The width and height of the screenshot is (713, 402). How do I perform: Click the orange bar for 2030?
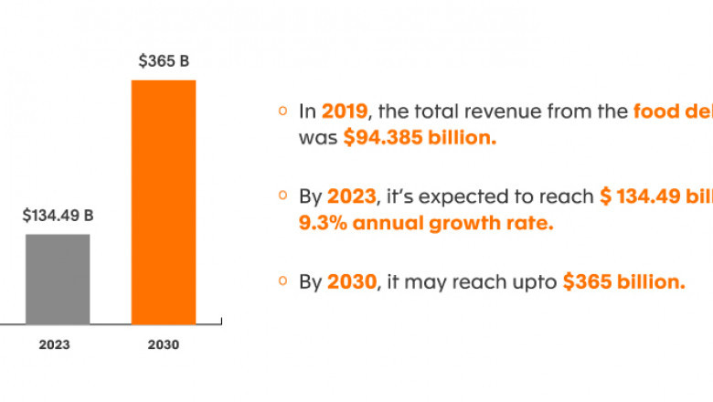164,201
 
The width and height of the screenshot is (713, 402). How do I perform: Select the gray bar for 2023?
58,279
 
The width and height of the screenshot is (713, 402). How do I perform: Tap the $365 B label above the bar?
164,61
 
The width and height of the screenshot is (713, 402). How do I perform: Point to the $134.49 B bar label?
59,217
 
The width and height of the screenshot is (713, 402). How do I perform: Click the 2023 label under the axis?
55,345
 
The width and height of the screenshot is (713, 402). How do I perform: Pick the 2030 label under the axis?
164,345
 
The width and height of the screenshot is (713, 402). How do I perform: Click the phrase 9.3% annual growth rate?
426,222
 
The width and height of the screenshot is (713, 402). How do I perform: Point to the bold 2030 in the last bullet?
351,282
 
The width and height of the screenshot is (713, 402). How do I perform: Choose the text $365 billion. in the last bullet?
623,282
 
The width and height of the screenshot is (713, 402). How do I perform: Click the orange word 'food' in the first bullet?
655,111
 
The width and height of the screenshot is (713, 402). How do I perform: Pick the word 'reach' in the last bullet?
481,282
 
